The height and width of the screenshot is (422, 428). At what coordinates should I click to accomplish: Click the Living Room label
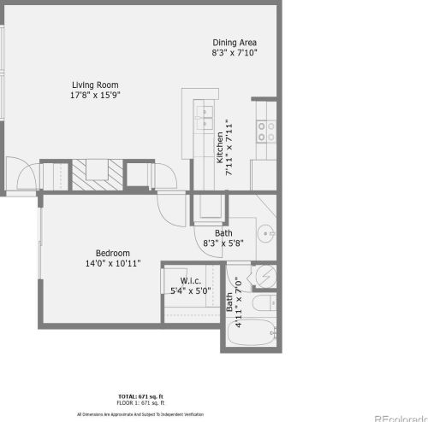click(94, 85)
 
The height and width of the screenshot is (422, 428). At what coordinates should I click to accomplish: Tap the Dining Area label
click(234, 42)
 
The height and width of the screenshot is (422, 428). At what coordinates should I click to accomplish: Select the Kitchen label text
click(220, 148)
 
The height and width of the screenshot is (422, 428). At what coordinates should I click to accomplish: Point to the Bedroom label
click(112, 253)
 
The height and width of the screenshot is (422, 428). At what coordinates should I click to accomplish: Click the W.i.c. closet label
click(190, 280)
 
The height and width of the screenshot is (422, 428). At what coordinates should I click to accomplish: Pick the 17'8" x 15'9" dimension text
click(94, 96)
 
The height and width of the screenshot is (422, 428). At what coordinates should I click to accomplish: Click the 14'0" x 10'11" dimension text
click(112, 264)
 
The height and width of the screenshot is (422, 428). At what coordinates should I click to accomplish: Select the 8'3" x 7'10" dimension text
click(234, 53)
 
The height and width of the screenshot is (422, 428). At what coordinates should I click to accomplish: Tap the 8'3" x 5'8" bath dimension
click(223, 243)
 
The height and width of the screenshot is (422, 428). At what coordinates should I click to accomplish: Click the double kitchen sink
click(205, 115)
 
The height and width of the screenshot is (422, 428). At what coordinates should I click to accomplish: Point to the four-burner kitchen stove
click(266, 130)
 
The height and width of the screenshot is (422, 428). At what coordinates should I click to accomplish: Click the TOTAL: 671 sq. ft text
click(141, 397)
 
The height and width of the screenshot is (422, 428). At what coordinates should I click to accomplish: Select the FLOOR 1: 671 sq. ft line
click(141, 403)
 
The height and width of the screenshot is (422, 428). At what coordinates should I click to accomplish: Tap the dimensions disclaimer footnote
click(141, 413)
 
